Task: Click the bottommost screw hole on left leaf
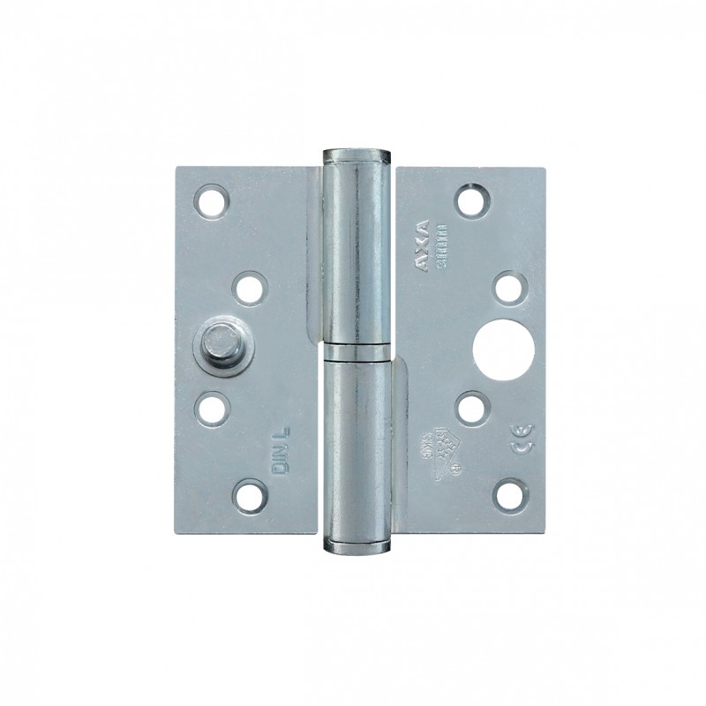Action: point(252,495)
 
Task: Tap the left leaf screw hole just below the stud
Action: point(211,408)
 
